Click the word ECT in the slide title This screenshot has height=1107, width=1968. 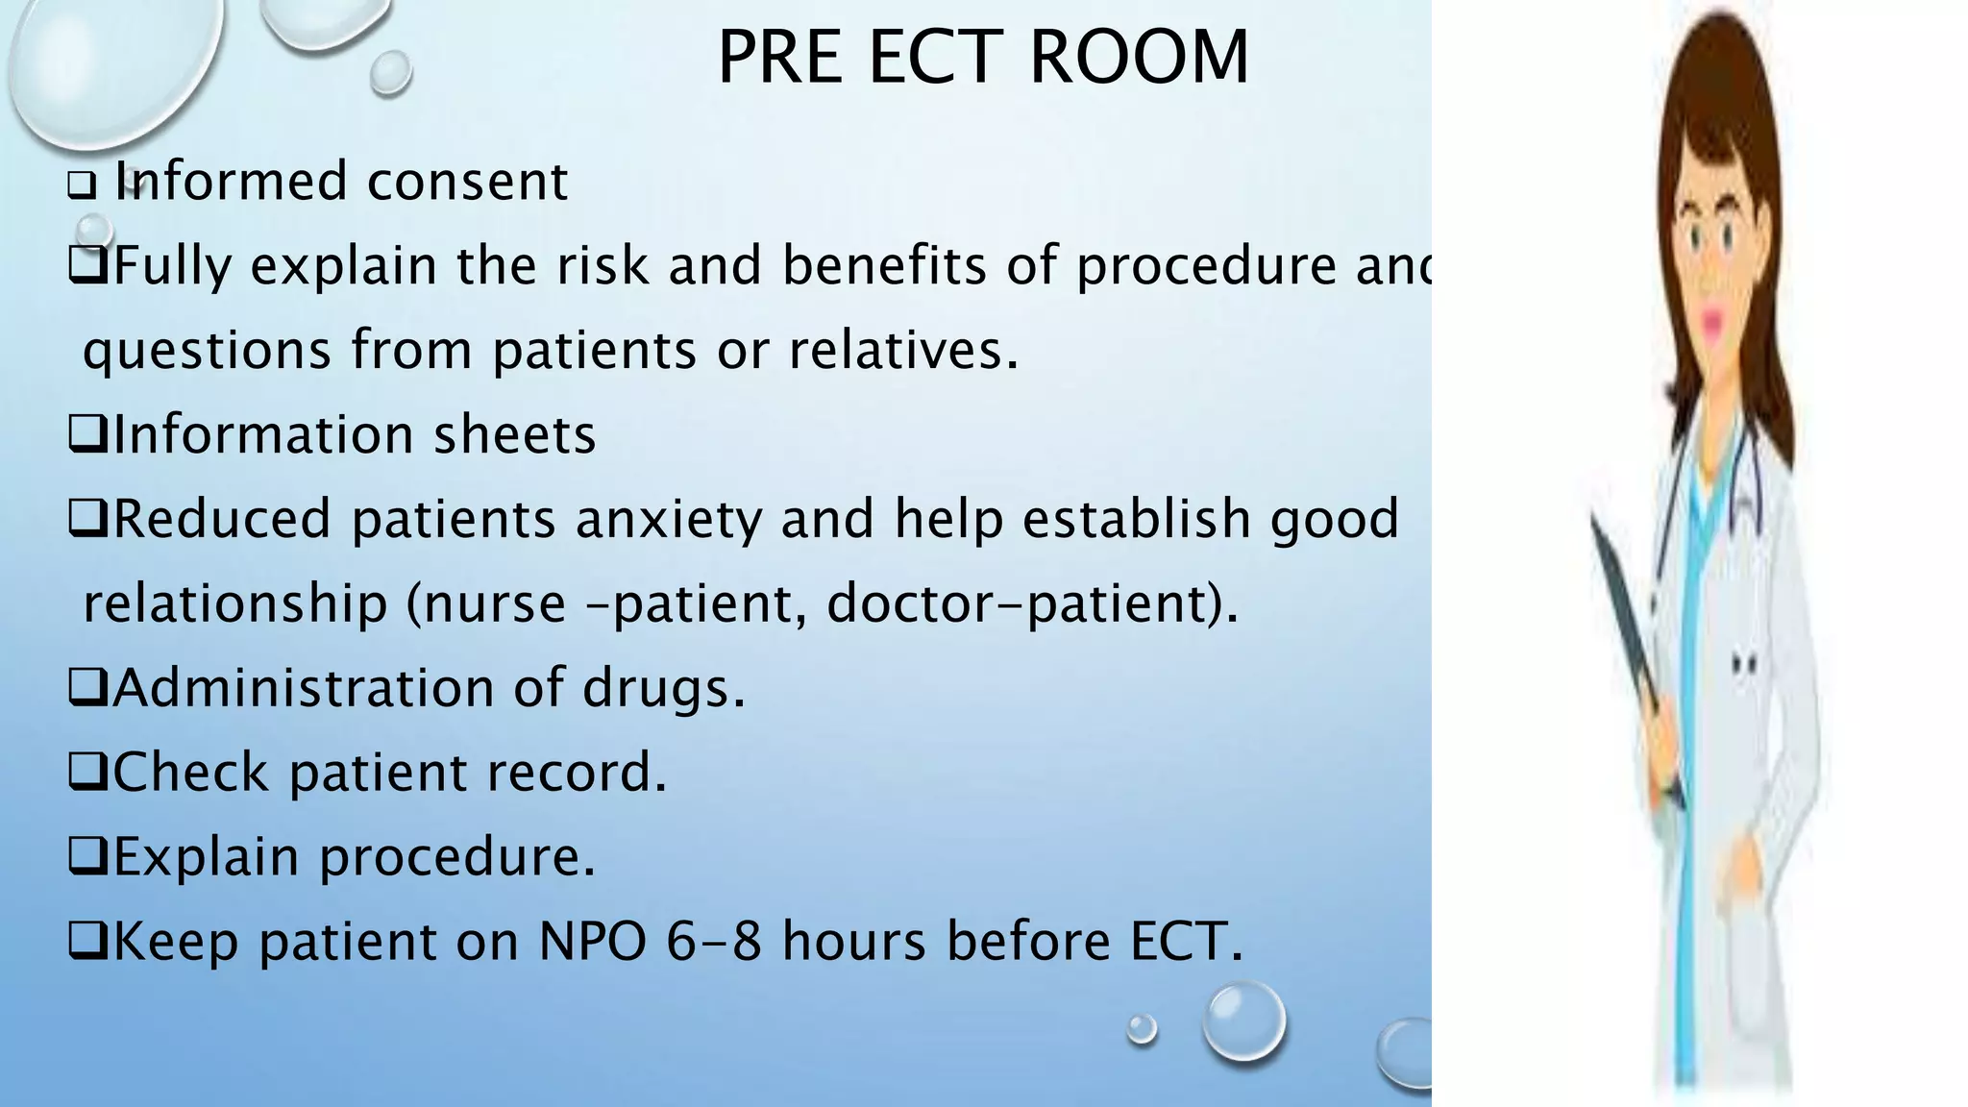[936, 58]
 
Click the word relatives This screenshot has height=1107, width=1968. [902, 351]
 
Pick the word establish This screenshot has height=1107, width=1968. [1136, 520]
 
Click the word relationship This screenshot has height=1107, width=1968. [235, 604]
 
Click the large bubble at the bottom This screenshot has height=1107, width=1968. [1244, 1021]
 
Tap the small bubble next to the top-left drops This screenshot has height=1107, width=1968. [390, 72]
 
